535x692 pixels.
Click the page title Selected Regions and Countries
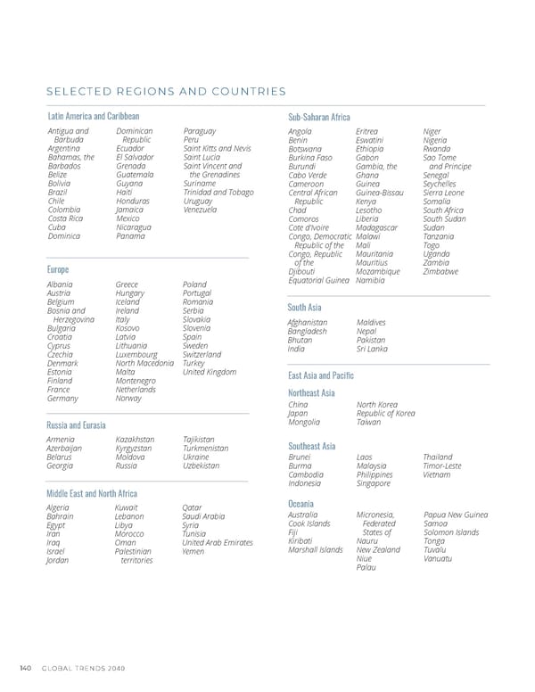(x=167, y=91)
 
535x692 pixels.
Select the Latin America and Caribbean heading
(x=93, y=116)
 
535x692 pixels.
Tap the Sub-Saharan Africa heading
(x=319, y=117)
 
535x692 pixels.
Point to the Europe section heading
(x=58, y=268)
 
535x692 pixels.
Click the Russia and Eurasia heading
(x=76, y=424)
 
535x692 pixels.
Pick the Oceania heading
(x=301, y=505)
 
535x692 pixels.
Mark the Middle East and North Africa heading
(x=92, y=493)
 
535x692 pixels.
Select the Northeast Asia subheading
(x=311, y=392)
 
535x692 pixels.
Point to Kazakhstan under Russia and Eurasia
(x=135, y=439)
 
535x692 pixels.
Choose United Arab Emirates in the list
(x=218, y=542)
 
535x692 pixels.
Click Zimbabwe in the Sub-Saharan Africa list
(x=441, y=271)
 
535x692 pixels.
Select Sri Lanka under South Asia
(x=372, y=349)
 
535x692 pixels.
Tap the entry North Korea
(x=376, y=405)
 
